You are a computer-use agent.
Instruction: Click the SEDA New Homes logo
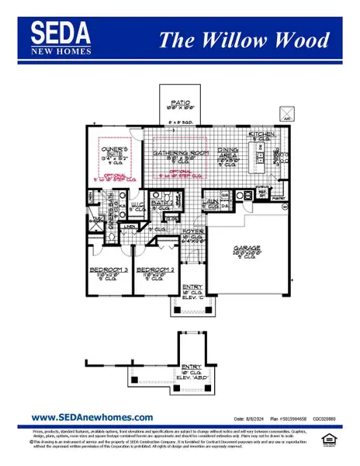click(62, 37)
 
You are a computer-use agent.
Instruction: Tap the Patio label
click(181, 106)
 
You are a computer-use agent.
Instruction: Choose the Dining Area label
click(227, 156)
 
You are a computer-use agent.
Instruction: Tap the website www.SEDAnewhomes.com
click(81, 417)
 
